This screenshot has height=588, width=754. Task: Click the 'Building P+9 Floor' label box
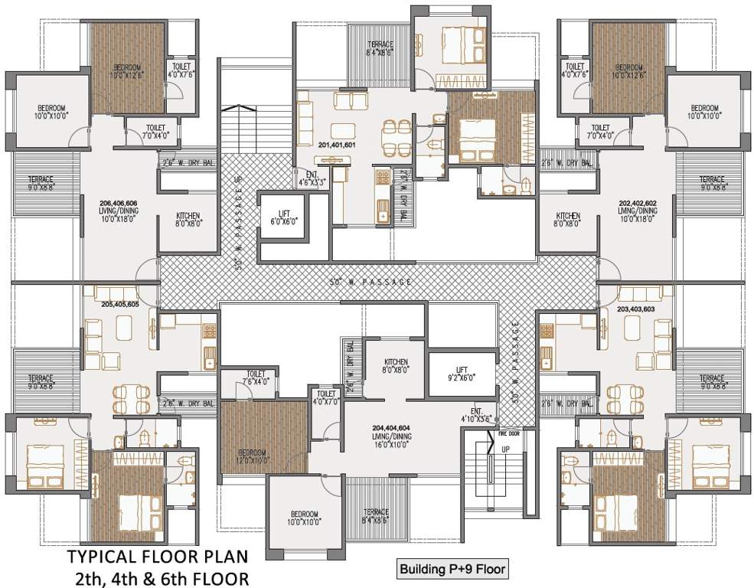(x=452, y=570)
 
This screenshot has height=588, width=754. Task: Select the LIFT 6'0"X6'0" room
(x=282, y=216)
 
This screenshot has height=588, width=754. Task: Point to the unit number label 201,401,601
(x=336, y=144)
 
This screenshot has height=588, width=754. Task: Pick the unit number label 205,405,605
(x=119, y=304)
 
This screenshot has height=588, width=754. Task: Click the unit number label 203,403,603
(x=636, y=309)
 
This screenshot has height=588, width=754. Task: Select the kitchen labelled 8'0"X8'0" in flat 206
(x=188, y=220)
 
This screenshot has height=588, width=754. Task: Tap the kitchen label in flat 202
(x=568, y=220)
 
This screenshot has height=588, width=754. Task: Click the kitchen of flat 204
(x=396, y=366)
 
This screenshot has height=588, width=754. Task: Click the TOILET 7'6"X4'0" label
(x=256, y=378)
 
